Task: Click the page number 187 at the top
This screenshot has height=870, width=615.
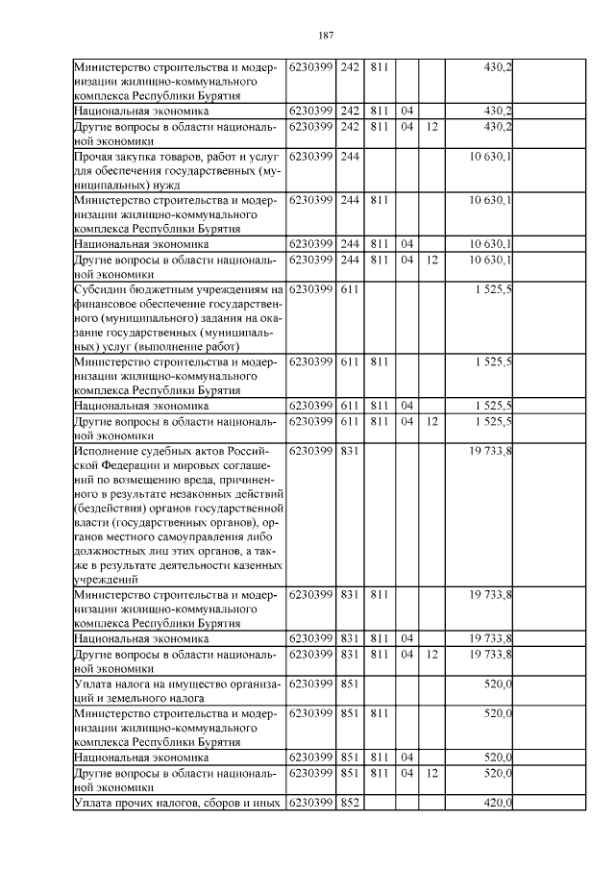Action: (x=325, y=36)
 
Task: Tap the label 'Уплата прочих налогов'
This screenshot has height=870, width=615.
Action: (x=140, y=803)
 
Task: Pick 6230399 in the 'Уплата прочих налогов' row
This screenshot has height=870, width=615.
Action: (x=310, y=803)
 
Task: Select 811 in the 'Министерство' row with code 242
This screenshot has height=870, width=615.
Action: (x=379, y=66)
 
